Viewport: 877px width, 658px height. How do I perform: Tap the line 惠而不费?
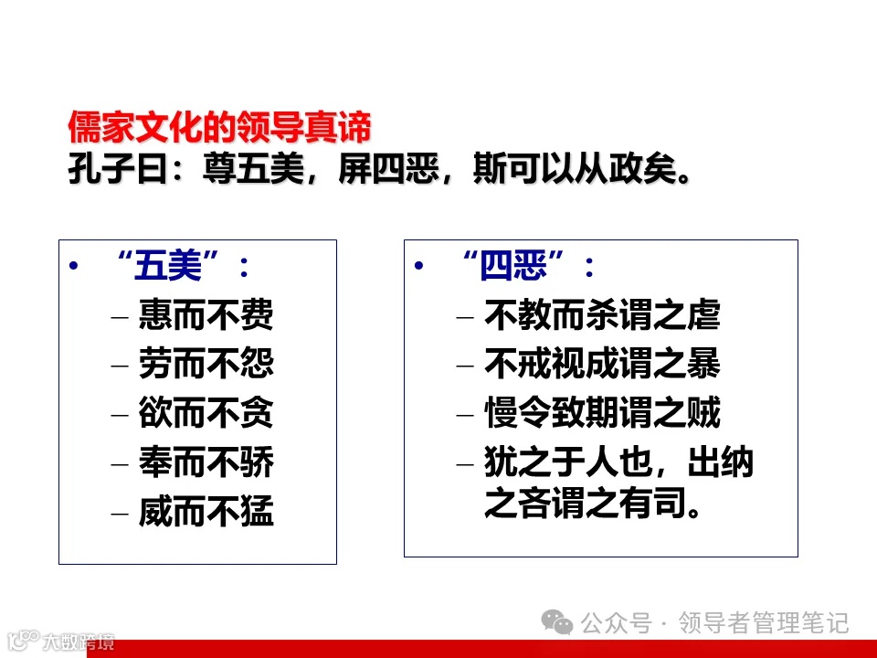coord(206,316)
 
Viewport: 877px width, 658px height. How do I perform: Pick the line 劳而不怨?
coord(206,365)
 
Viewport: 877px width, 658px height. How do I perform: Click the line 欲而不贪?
coord(206,413)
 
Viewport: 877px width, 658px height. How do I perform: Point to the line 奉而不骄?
coord(206,462)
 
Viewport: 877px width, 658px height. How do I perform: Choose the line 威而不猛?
coord(206,511)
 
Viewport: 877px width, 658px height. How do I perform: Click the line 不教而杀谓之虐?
coord(602,316)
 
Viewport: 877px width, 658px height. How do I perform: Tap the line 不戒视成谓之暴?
coord(602,365)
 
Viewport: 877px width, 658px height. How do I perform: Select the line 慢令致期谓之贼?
coord(602,413)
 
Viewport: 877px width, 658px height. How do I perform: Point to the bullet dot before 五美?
coord(74,267)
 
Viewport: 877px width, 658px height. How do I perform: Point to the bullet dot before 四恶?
coord(419,267)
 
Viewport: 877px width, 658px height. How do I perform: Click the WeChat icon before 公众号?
coord(557,623)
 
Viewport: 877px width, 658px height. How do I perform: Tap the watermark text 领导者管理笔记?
coord(764,623)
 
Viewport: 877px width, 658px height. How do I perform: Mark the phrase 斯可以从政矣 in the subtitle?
coord(581,170)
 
